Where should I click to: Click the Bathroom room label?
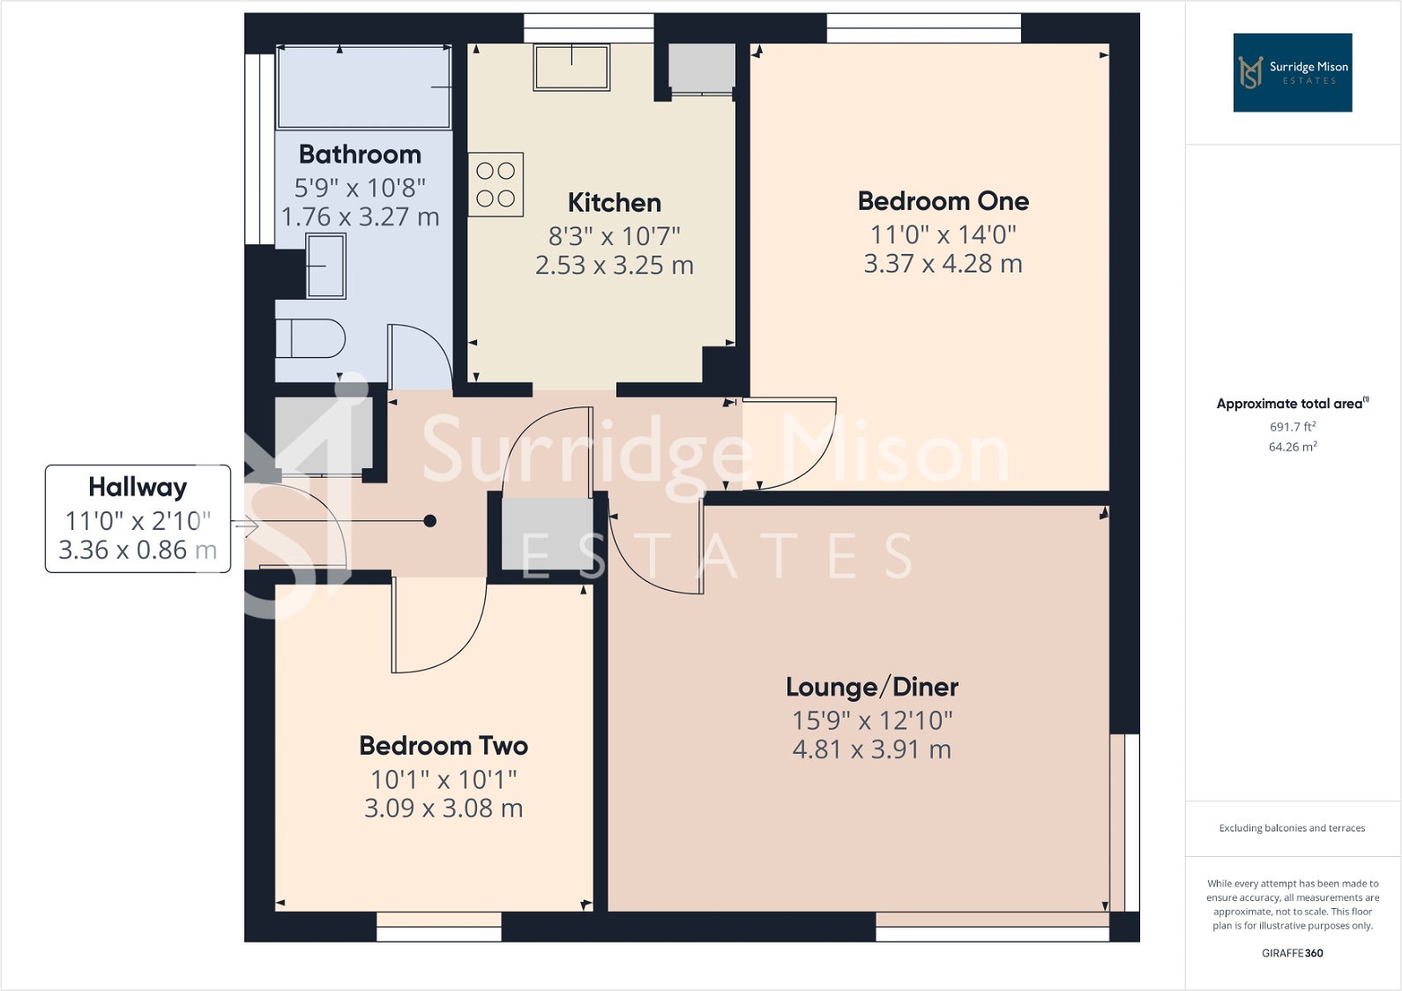[360, 154]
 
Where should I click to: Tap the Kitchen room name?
[615, 203]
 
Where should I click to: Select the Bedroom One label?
[943, 201]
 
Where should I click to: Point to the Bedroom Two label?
[444, 746]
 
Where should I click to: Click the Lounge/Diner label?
[872, 687]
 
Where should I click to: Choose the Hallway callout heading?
[138, 487]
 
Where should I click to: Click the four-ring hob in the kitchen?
[496, 185]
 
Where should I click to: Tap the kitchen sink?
[571, 68]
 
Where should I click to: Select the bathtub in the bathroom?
[363, 86]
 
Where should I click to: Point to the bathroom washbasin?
[326, 265]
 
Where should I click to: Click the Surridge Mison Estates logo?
[1292, 72]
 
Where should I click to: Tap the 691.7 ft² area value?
[1293, 427]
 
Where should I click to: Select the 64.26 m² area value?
[1293, 447]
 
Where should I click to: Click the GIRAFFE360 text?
[1292, 953]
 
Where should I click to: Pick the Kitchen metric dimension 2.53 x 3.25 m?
[615, 265]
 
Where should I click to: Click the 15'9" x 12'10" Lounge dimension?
[872, 720]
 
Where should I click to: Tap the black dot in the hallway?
[430, 521]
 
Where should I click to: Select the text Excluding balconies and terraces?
[1292, 828]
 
